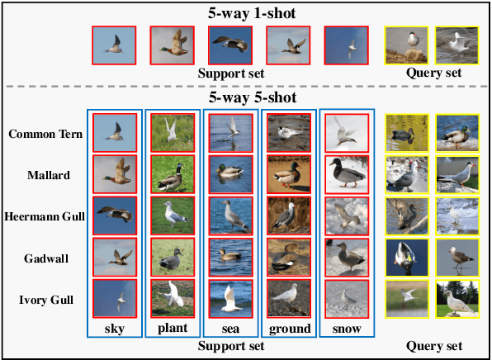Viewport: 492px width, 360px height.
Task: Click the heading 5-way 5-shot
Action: pyautogui.click(x=246, y=97)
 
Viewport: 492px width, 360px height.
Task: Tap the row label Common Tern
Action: pyautogui.click(x=42, y=134)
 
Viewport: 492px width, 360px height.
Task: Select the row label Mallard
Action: pyautogui.click(x=42, y=175)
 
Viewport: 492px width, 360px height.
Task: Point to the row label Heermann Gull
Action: pyautogui.click(x=42, y=216)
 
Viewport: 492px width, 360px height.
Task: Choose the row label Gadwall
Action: pyautogui.click(x=42, y=258)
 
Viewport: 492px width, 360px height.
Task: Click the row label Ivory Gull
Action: pyautogui.click(x=42, y=299)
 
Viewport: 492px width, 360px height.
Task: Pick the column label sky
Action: pyautogui.click(x=115, y=328)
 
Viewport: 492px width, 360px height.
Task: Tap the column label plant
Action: pyautogui.click(x=173, y=328)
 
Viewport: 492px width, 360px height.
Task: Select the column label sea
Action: pyautogui.click(x=230, y=328)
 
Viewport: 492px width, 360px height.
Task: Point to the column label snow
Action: pyautogui.click(x=346, y=328)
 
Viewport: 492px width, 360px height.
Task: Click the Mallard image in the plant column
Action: pyautogui.click(x=173, y=174)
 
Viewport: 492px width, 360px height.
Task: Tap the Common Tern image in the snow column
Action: pyautogui.click(x=346, y=132)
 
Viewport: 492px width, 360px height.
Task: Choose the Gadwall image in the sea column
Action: pyautogui.click(x=230, y=257)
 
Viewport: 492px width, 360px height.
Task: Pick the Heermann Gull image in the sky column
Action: pyautogui.click(x=115, y=216)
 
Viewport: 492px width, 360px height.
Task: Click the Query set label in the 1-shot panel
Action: pyautogui.click(x=433, y=73)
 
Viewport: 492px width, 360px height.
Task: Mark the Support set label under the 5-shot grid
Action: pyautogui.click(x=230, y=345)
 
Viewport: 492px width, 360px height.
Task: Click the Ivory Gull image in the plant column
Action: pyautogui.click(x=173, y=298)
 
